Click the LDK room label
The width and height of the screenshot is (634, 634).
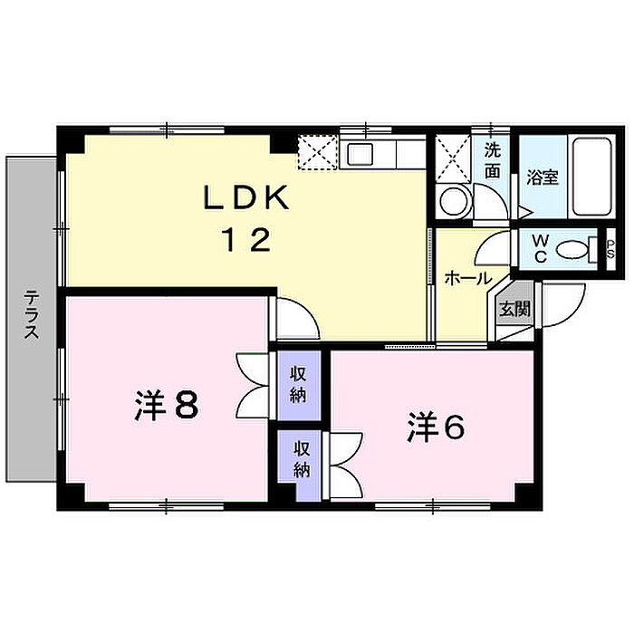pyautogui.click(x=246, y=198)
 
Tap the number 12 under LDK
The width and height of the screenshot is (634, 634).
pyautogui.click(x=246, y=239)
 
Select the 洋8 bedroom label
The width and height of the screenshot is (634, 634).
pyautogui.click(x=166, y=405)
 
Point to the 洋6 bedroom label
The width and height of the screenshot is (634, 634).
pyautogui.click(x=436, y=427)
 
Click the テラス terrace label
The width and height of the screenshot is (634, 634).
pyautogui.click(x=31, y=314)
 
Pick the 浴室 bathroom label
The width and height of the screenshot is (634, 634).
pyautogui.click(x=543, y=178)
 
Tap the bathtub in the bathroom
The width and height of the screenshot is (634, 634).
pyautogui.click(x=592, y=178)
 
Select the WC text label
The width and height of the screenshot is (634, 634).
pyautogui.click(x=540, y=249)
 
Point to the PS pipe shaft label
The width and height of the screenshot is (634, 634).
pyautogui.click(x=610, y=249)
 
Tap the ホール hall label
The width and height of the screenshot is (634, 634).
pyautogui.click(x=468, y=278)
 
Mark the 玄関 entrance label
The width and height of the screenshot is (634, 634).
pyautogui.click(x=514, y=310)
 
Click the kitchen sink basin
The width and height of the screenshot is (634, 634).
pyautogui.click(x=360, y=154)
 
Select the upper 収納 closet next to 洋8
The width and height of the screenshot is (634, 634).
pyautogui.click(x=299, y=385)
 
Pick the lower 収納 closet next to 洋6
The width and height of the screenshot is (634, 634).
pyautogui.click(x=302, y=459)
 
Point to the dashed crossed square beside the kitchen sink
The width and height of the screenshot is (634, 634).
pyautogui.click(x=317, y=152)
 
